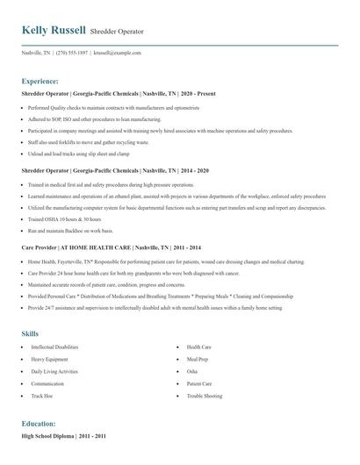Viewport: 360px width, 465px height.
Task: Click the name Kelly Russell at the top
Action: pos(54,30)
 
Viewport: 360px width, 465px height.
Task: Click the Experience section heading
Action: pos(40,80)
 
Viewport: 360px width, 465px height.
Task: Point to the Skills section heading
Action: pos(31,333)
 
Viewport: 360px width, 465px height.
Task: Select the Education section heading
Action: pos(38,422)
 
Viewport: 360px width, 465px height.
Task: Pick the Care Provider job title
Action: pos(41,248)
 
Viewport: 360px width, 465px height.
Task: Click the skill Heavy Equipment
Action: pos(50,359)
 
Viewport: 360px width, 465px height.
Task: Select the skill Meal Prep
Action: pos(198,359)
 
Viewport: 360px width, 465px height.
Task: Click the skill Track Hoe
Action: pos(43,396)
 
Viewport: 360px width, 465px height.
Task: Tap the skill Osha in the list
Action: pos(192,371)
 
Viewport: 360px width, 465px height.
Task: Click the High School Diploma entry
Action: pos(50,435)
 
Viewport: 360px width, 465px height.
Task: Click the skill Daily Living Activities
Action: pos(55,371)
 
